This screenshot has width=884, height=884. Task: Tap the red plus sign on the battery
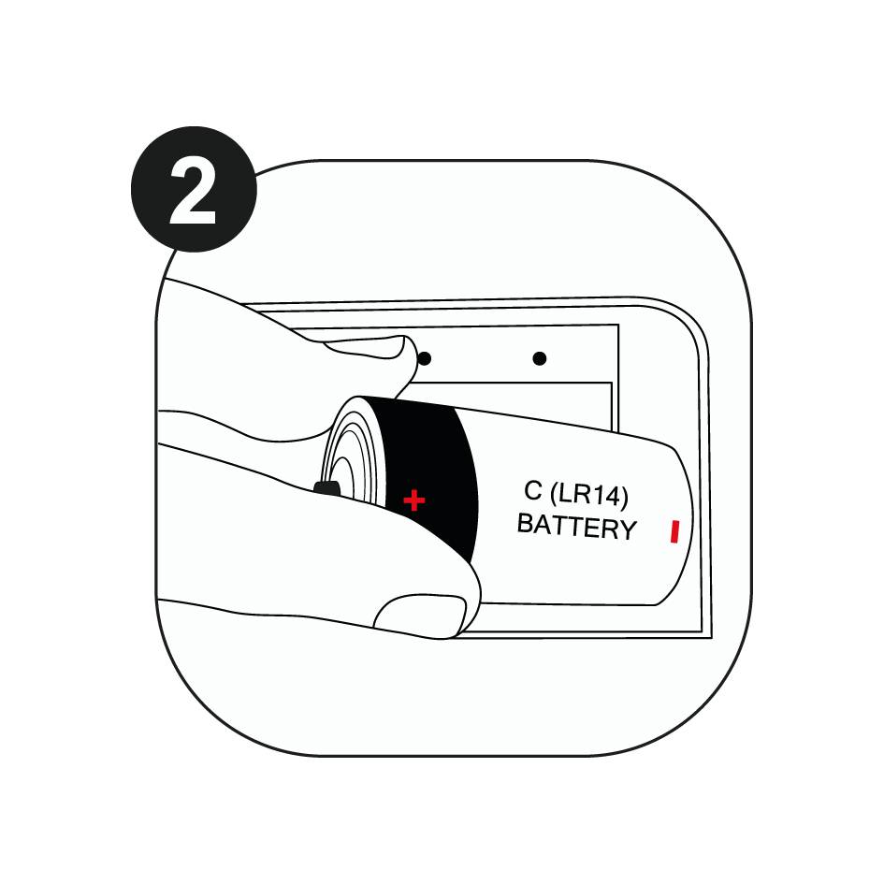413,500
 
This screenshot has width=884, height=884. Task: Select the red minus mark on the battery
673,532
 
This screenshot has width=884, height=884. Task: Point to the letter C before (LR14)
533,489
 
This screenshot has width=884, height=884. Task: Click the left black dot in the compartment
424,358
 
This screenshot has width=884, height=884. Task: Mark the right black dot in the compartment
539,358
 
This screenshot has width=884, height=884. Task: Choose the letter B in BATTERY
525,523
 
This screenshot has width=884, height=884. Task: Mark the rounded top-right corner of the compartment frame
688,323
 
